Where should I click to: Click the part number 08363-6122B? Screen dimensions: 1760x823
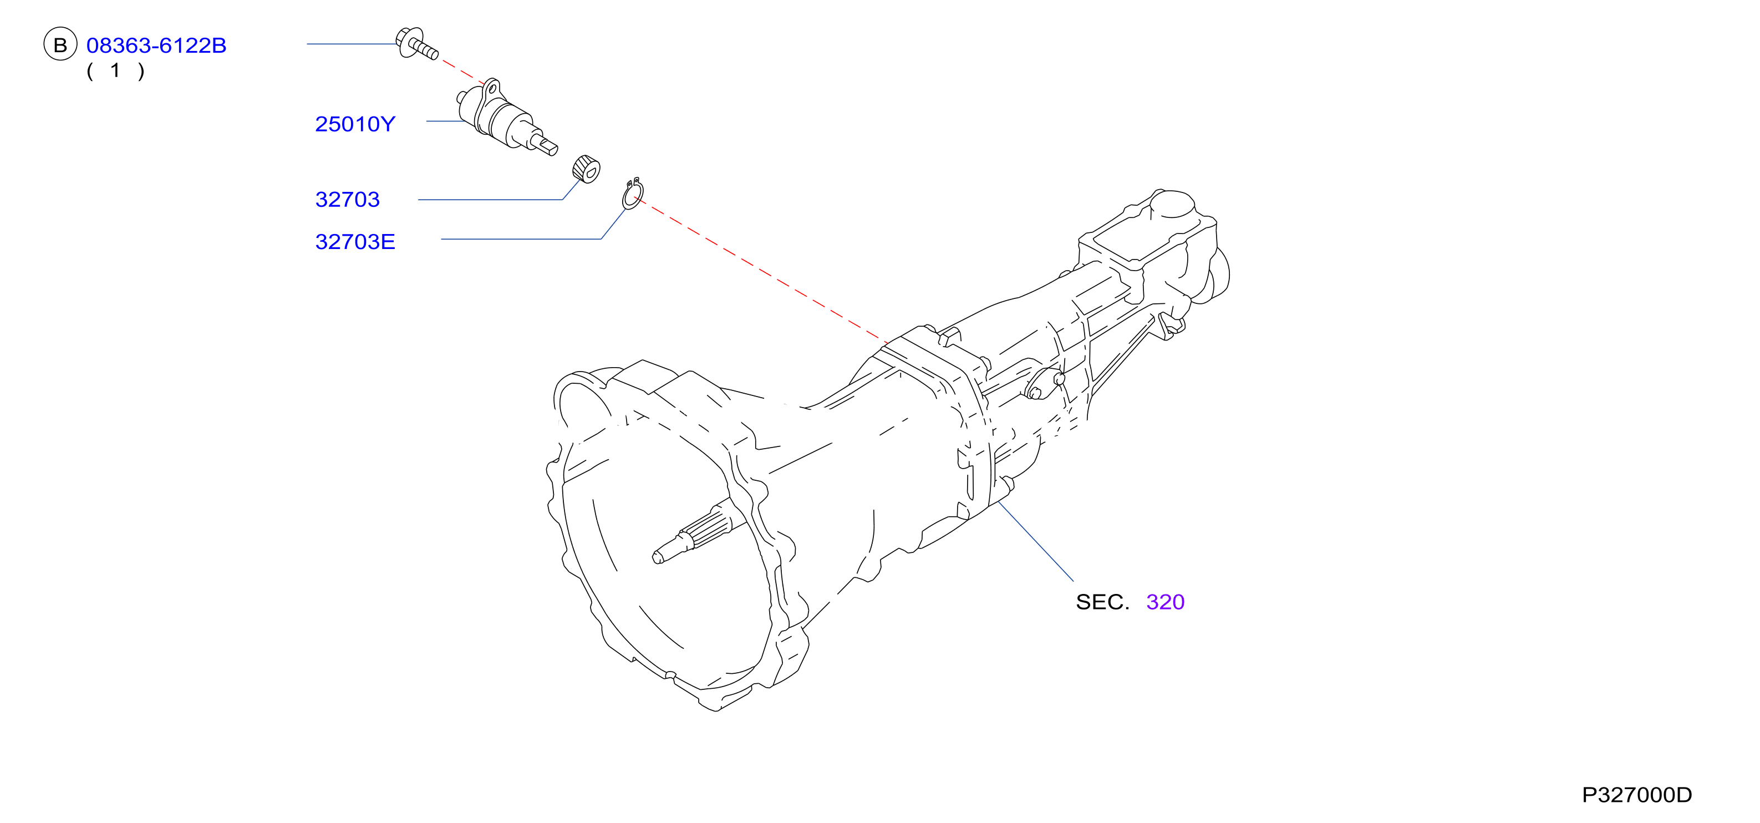point(156,45)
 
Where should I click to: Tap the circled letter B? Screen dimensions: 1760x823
point(60,44)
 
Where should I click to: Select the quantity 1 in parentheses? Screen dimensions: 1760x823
point(115,70)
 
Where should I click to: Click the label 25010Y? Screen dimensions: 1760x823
point(355,124)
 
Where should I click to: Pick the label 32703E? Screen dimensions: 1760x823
point(355,241)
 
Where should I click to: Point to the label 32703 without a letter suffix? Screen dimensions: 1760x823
point(347,199)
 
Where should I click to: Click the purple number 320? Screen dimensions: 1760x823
point(1165,602)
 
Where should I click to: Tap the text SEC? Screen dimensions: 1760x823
point(1102,602)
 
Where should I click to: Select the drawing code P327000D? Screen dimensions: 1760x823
point(1637,794)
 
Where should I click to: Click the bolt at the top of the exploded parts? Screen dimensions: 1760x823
point(416,44)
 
